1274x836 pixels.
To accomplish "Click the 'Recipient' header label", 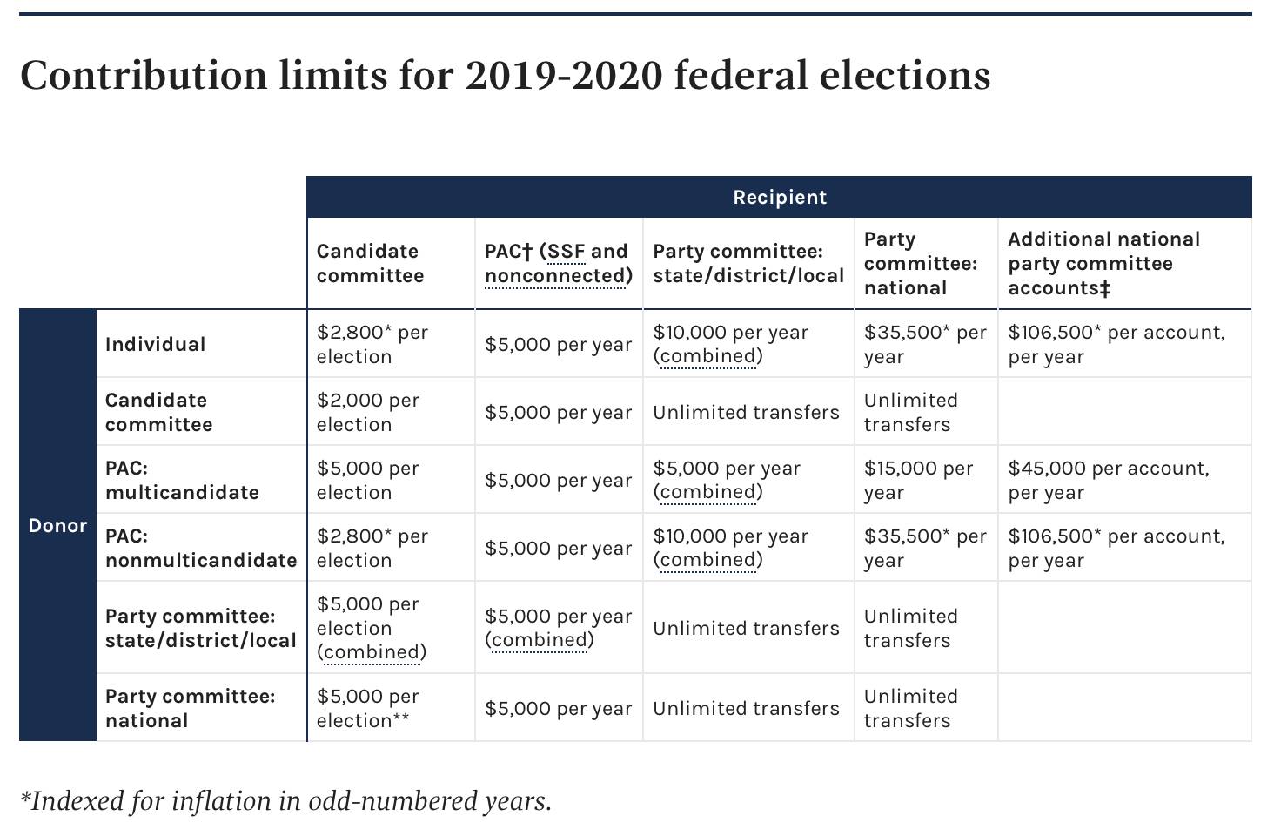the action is click(x=779, y=197).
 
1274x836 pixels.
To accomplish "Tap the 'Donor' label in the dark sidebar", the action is click(x=57, y=525).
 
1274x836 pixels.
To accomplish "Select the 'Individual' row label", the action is click(x=155, y=344).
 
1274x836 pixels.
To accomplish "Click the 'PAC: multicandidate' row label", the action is click(x=182, y=480).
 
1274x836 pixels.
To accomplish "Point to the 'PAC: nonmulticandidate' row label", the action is click(x=201, y=548).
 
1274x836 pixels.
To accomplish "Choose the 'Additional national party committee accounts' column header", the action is click(x=1104, y=264).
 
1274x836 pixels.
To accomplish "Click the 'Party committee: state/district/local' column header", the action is click(x=748, y=264).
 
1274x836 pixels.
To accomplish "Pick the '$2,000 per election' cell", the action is click(x=367, y=412).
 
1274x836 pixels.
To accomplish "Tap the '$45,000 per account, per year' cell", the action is click(x=1109, y=480).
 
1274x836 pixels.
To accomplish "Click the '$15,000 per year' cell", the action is click(x=918, y=480).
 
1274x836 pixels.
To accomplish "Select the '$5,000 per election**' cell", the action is click(x=367, y=708).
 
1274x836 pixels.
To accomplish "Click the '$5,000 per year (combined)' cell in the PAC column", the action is click(x=558, y=628).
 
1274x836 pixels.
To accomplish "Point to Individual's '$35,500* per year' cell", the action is click(x=925, y=344).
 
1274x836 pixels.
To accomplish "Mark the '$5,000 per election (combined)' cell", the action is click(x=371, y=628).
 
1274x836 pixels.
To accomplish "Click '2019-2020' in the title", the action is click(x=564, y=75).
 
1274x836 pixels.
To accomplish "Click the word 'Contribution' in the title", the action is click(x=144, y=75).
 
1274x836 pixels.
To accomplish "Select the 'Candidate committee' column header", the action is click(x=370, y=264).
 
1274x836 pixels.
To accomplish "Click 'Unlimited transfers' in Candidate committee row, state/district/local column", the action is click(x=746, y=412).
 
